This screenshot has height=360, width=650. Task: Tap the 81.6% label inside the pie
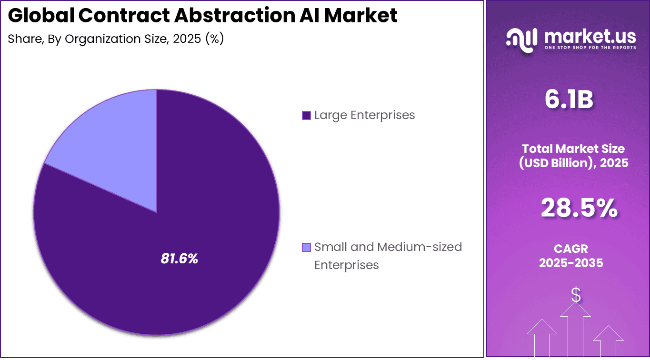(179, 259)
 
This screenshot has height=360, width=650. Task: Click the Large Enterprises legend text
(364, 115)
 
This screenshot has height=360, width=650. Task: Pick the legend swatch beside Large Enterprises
(306, 115)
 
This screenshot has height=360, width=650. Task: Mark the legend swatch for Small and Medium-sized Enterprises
(306, 247)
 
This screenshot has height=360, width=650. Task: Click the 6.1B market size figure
(569, 100)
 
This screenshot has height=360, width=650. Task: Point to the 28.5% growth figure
(579, 209)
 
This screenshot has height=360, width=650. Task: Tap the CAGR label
(571, 249)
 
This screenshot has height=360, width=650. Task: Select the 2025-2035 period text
(571, 263)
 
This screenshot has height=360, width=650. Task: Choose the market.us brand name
(590, 36)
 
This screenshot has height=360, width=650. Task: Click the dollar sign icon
(576, 296)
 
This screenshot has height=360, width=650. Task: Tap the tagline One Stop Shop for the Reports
(590, 48)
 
